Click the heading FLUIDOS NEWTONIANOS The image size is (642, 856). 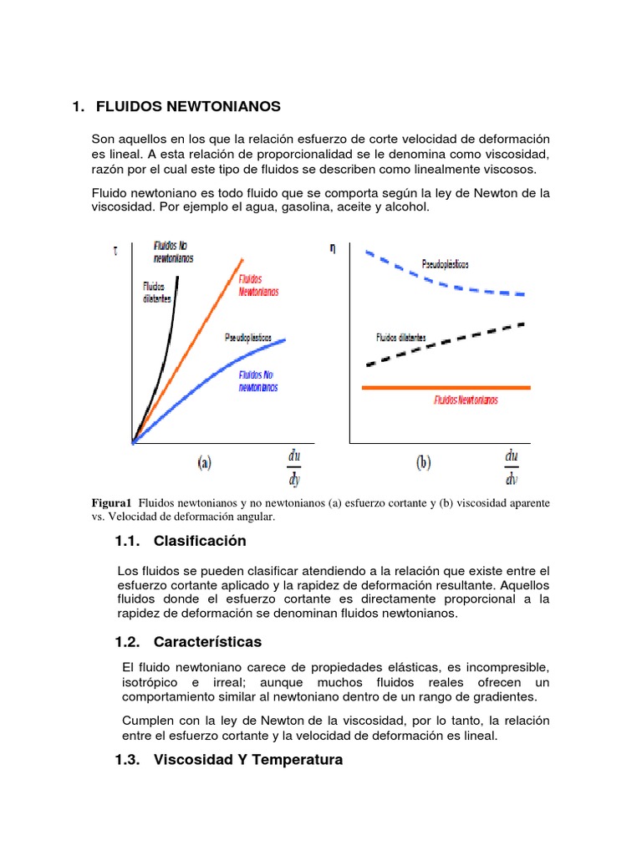[x=188, y=107]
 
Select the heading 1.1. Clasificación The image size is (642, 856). [x=181, y=541]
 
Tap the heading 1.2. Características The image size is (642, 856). [x=188, y=642]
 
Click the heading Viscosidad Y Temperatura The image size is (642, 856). [x=247, y=761]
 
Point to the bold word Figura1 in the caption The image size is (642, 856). [x=111, y=503]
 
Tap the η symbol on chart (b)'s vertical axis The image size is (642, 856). [x=333, y=248]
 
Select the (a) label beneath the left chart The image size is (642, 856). [x=205, y=463]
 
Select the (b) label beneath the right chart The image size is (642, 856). [x=422, y=463]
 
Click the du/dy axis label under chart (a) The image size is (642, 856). [x=294, y=467]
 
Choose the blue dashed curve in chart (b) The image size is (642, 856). [x=435, y=280]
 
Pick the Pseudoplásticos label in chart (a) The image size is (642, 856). [x=248, y=338]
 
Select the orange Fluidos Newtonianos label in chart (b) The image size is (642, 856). [x=466, y=400]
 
